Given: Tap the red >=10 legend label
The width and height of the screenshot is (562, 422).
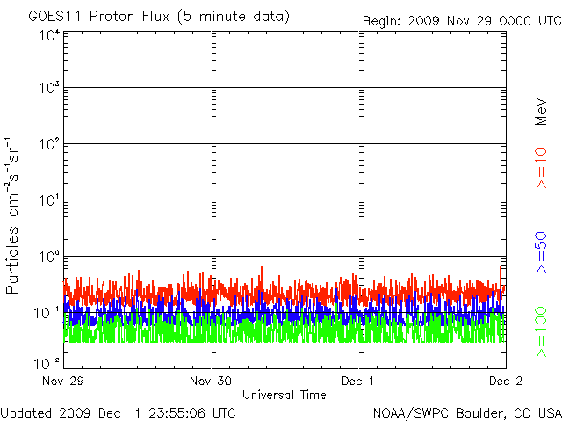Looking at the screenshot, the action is [x=541, y=168].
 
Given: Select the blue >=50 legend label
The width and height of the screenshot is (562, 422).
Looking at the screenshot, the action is [x=541, y=252].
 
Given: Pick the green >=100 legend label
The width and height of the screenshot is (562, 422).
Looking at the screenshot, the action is [x=541, y=332].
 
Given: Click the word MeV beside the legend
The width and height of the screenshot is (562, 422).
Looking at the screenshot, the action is [x=541, y=112].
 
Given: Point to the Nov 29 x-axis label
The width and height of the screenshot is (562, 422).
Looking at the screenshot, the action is [x=63, y=381].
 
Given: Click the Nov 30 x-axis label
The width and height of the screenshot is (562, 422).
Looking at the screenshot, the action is [x=211, y=381].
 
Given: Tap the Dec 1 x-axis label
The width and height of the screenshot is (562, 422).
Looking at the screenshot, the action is [x=357, y=381].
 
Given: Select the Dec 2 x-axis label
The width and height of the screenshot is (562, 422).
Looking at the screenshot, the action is [x=506, y=381].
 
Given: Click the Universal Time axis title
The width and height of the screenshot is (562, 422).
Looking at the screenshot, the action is [x=285, y=395].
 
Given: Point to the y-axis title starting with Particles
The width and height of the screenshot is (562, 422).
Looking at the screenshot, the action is [x=11, y=216].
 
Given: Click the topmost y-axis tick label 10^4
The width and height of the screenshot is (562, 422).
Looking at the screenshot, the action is [x=49, y=36].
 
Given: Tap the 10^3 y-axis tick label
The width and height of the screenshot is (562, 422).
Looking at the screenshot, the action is [x=49, y=88].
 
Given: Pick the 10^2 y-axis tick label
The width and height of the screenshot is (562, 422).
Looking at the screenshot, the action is [x=49, y=144].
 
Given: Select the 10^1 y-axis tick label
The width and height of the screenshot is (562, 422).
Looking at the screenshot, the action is [x=49, y=200].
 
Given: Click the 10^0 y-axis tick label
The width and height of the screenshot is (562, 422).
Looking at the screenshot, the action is [x=49, y=257].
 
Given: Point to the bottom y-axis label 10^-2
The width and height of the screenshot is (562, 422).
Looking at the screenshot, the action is [x=47, y=363].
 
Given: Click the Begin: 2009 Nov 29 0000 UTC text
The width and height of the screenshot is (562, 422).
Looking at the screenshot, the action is [x=463, y=21].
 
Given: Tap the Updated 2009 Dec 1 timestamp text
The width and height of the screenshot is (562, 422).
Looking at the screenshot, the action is [x=118, y=413].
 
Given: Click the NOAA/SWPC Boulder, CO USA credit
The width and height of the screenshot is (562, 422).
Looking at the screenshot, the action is [x=467, y=413].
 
